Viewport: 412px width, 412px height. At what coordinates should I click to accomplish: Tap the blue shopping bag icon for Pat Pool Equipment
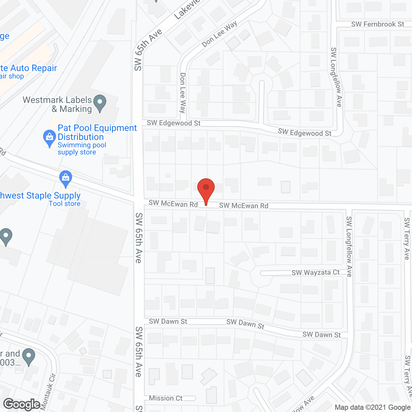(49, 138)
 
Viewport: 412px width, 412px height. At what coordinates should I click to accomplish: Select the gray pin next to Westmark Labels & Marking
(100, 103)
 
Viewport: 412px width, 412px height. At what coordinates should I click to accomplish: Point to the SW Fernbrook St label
(378, 24)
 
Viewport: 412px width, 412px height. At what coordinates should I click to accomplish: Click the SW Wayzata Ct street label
(315, 273)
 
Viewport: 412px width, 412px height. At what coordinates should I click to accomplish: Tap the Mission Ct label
(165, 398)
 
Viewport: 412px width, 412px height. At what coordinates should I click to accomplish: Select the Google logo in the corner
(22, 404)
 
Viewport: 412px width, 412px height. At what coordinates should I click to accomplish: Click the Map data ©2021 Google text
(373, 407)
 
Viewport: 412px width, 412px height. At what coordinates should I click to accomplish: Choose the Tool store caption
(65, 203)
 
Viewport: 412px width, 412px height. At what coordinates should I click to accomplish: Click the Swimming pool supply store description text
(82, 148)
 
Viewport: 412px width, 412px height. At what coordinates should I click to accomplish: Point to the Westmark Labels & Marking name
(57, 104)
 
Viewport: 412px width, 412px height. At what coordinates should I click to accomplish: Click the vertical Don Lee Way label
(183, 93)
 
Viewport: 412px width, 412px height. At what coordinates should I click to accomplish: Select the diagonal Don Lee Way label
(220, 34)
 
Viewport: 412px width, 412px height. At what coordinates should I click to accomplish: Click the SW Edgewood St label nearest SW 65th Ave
(173, 123)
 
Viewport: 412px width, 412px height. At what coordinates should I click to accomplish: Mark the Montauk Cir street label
(48, 393)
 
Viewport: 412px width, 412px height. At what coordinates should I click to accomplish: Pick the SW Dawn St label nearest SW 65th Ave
(168, 321)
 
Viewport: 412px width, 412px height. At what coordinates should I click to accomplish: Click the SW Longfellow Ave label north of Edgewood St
(336, 77)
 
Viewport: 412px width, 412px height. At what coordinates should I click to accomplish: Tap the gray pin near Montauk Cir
(29, 357)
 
